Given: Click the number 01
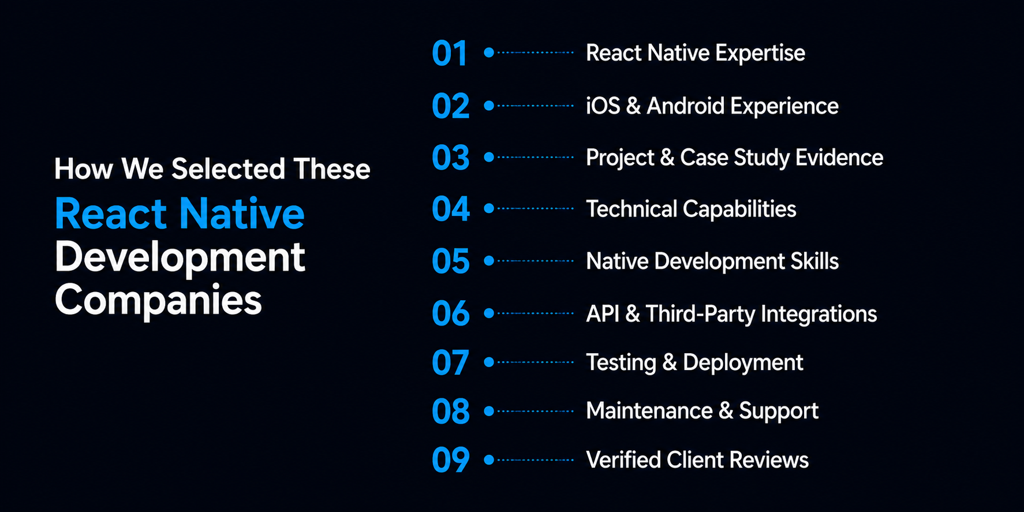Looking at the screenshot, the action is pyautogui.click(x=449, y=54).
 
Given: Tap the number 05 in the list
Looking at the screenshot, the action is pyautogui.click(x=451, y=261).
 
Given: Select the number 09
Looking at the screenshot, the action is pyautogui.click(x=451, y=460).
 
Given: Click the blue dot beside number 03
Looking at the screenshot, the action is pyautogui.click(x=489, y=157).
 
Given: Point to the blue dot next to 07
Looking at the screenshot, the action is pyautogui.click(x=489, y=362).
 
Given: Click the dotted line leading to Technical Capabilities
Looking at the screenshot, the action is pyautogui.click(x=535, y=208).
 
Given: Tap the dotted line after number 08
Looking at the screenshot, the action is pyautogui.click(x=535, y=411).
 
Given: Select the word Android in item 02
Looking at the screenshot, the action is pyautogui.click(x=685, y=106).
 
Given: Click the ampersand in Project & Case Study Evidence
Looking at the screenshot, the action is pyautogui.click(x=667, y=158).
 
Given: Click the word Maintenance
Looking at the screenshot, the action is pyautogui.click(x=649, y=411).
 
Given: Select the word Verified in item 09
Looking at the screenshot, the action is pyautogui.click(x=623, y=460).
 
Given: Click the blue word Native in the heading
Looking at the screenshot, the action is pyautogui.click(x=242, y=214).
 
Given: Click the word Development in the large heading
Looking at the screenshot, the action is pyautogui.click(x=180, y=257).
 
